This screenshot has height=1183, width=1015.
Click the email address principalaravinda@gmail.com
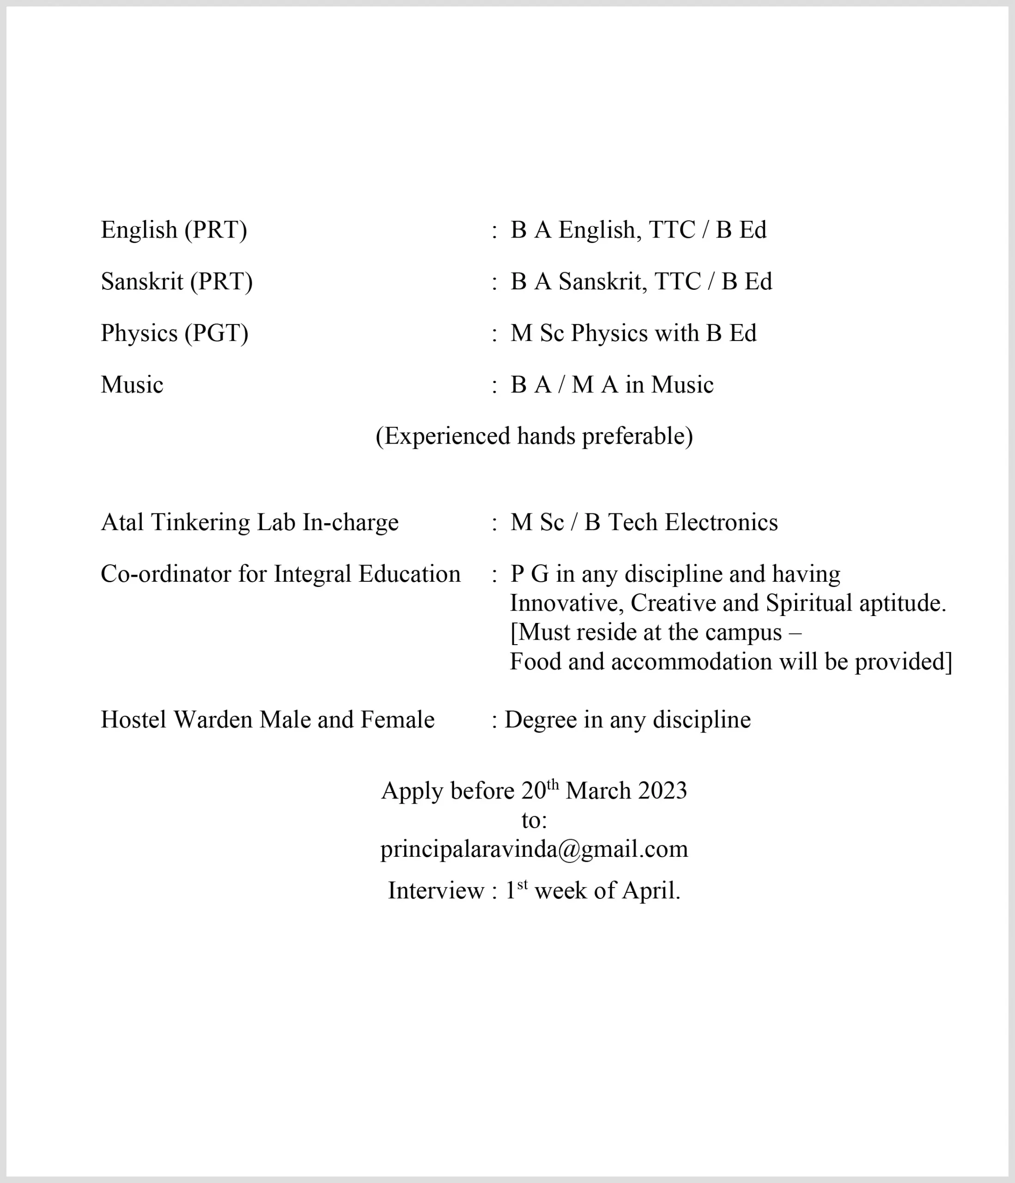[x=534, y=849]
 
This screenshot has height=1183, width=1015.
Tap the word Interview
[x=436, y=890]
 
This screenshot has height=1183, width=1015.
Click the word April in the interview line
[x=651, y=890]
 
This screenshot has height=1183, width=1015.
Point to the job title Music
[x=132, y=385]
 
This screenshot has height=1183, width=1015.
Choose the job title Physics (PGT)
[x=174, y=334]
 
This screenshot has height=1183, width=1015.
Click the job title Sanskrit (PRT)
[x=176, y=281]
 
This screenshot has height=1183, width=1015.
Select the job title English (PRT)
[x=174, y=230]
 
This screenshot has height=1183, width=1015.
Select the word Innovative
[x=566, y=604]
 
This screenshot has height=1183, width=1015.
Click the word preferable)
[x=637, y=437]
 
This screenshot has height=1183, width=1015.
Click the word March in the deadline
[x=598, y=791]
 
